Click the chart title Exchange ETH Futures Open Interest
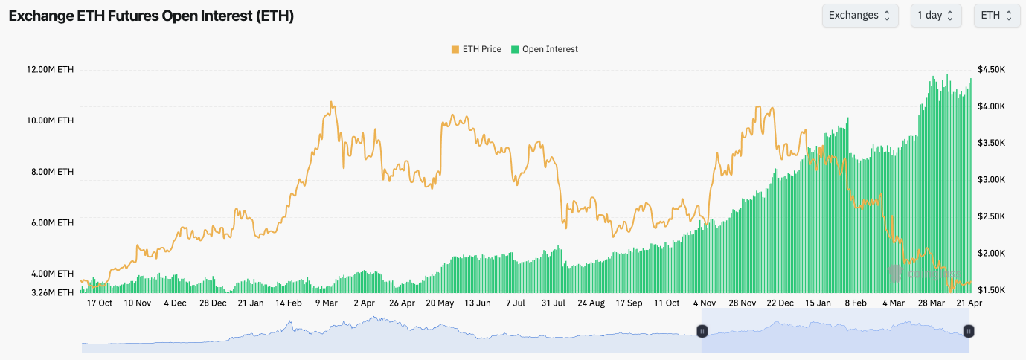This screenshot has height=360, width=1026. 151,16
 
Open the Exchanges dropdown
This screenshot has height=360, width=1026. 859,16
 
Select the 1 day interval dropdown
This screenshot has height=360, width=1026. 935,16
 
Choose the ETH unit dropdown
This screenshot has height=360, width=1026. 996,16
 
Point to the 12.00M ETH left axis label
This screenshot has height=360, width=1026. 50,70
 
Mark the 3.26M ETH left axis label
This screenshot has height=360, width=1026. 51,292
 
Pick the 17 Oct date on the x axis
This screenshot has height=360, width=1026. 99,303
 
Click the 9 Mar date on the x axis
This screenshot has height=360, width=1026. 326,303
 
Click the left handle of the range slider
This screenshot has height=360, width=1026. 702,331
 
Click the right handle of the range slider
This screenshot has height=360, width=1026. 969,331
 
